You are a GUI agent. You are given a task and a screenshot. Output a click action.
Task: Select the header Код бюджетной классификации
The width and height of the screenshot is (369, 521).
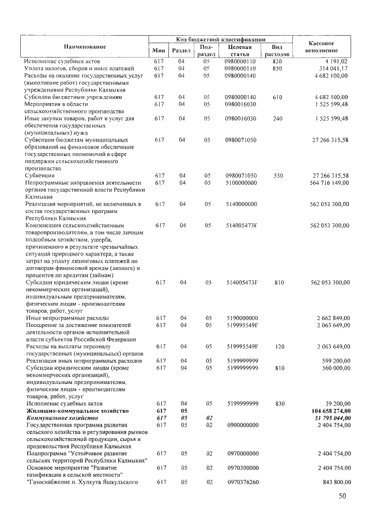point(221,38)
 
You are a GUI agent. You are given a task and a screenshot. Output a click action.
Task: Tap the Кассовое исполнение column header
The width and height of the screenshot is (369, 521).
point(327,45)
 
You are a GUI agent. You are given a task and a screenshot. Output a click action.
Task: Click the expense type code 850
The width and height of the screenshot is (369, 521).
point(277,68)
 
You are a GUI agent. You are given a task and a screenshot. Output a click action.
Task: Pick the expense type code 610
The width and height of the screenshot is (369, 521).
point(277,97)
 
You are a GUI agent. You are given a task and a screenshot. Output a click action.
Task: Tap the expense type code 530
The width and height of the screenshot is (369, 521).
point(277,175)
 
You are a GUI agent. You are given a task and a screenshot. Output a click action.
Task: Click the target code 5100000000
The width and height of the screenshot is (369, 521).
point(240,182)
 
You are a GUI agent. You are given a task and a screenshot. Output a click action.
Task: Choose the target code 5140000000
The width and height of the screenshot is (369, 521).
point(240,204)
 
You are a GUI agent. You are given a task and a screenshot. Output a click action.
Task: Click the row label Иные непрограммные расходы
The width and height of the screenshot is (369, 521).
point(67,318)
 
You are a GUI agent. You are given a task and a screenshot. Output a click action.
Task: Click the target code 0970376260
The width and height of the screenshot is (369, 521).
point(240,481)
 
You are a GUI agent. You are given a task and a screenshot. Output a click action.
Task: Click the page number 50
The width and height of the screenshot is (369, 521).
point(344,497)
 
